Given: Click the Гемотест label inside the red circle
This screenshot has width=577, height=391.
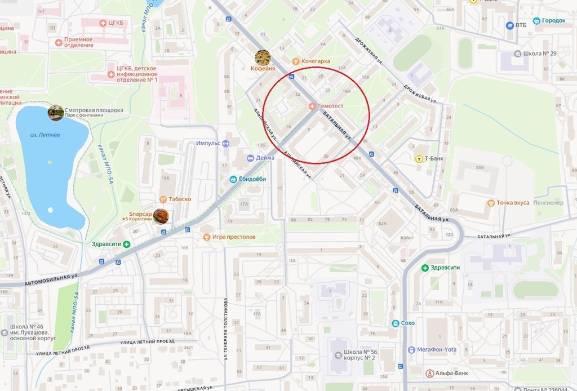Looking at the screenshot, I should (x=330, y=106).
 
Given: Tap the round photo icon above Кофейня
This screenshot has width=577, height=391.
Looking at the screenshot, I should (x=263, y=57).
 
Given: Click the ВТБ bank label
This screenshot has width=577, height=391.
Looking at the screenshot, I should (x=521, y=25).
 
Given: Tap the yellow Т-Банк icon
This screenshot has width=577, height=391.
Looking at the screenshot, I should (x=419, y=159).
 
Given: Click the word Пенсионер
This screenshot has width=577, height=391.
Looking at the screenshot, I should (x=548, y=203).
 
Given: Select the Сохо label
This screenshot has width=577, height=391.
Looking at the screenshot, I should (x=407, y=323).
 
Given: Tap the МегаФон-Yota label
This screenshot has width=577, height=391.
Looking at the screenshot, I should (x=436, y=349).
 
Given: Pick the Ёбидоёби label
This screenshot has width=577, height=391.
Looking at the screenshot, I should (x=251, y=179).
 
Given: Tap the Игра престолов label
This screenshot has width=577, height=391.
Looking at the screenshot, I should (x=233, y=237).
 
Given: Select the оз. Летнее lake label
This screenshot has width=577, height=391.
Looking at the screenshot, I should (x=45, y=135).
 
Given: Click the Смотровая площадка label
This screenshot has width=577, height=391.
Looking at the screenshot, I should (x=94, y=110).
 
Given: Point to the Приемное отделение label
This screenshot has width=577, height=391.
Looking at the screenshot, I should (x=78, y=42).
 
